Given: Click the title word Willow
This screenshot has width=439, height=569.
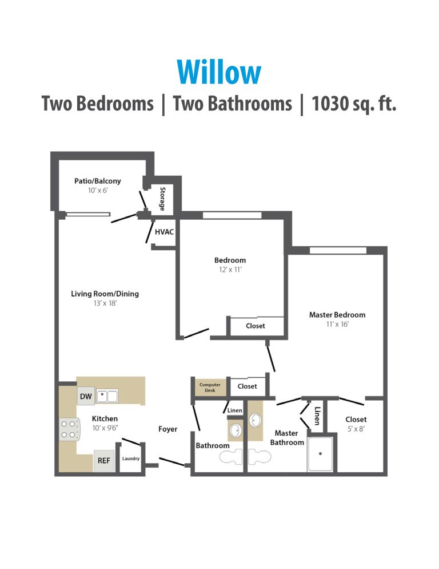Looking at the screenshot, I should point(219,73).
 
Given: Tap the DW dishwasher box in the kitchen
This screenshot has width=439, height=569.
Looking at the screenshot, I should point(85,396).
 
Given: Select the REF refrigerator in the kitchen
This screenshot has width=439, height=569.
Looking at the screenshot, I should point(103,460).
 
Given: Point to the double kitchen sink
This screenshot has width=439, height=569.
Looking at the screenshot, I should point(107,396).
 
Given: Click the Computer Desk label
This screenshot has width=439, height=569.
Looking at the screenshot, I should point(210,388).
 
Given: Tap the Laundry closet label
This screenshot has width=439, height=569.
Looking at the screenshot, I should point(131,459).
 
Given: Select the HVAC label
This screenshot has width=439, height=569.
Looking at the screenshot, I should point(164,232).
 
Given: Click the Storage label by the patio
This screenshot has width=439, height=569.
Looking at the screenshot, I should point(163,199).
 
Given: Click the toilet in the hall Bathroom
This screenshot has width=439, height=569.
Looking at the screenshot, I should point(232,456).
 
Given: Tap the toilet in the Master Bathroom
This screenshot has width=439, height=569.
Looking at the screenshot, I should point(260,456).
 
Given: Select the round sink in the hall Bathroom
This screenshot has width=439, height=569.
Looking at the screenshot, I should point(235,430).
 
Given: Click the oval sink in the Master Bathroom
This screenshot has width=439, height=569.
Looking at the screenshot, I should point(256,421).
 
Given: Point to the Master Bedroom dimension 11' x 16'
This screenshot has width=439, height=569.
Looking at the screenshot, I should point(337,324).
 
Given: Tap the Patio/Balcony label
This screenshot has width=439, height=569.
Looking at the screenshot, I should point(97,181).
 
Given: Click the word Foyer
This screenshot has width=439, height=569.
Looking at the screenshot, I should point(167,429).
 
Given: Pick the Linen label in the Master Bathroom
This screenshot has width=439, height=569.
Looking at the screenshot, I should point(317,416).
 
